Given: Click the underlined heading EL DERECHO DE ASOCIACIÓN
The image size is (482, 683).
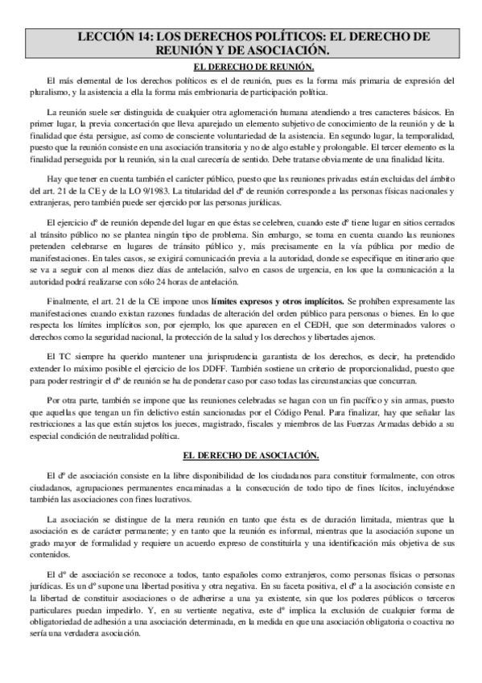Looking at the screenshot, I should point(241,455).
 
